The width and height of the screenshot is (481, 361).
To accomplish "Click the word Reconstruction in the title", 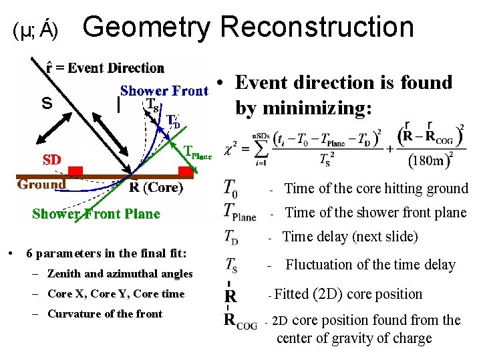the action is click(317, 27).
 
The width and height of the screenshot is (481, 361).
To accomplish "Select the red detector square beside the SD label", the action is click(75, 171).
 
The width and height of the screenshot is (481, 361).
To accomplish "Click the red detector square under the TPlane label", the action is click(186, 171).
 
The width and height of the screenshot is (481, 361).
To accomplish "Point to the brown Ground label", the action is click(41, 185).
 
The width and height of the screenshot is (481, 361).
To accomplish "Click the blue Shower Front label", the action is click(164, 91).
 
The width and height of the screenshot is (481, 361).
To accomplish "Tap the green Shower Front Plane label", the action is click(96, 214).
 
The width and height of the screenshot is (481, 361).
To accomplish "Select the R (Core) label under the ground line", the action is click(155, 188).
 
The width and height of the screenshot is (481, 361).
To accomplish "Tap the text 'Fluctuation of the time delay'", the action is click(370, 265).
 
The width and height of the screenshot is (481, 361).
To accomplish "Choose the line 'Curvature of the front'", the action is click(105, 314).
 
